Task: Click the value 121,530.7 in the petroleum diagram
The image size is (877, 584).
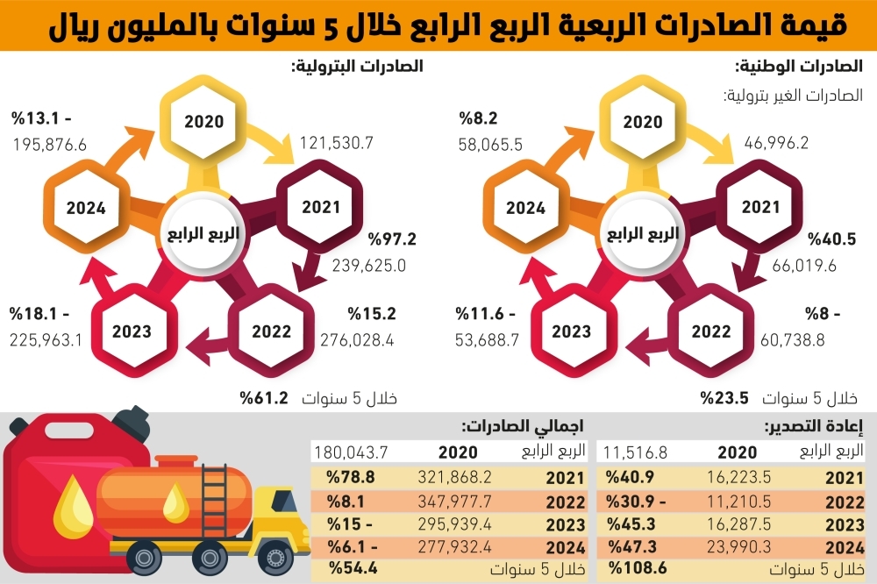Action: (338, 142)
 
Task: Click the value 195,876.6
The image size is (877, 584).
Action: (49, 145)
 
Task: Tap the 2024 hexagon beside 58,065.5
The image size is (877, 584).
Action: (526, 209)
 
